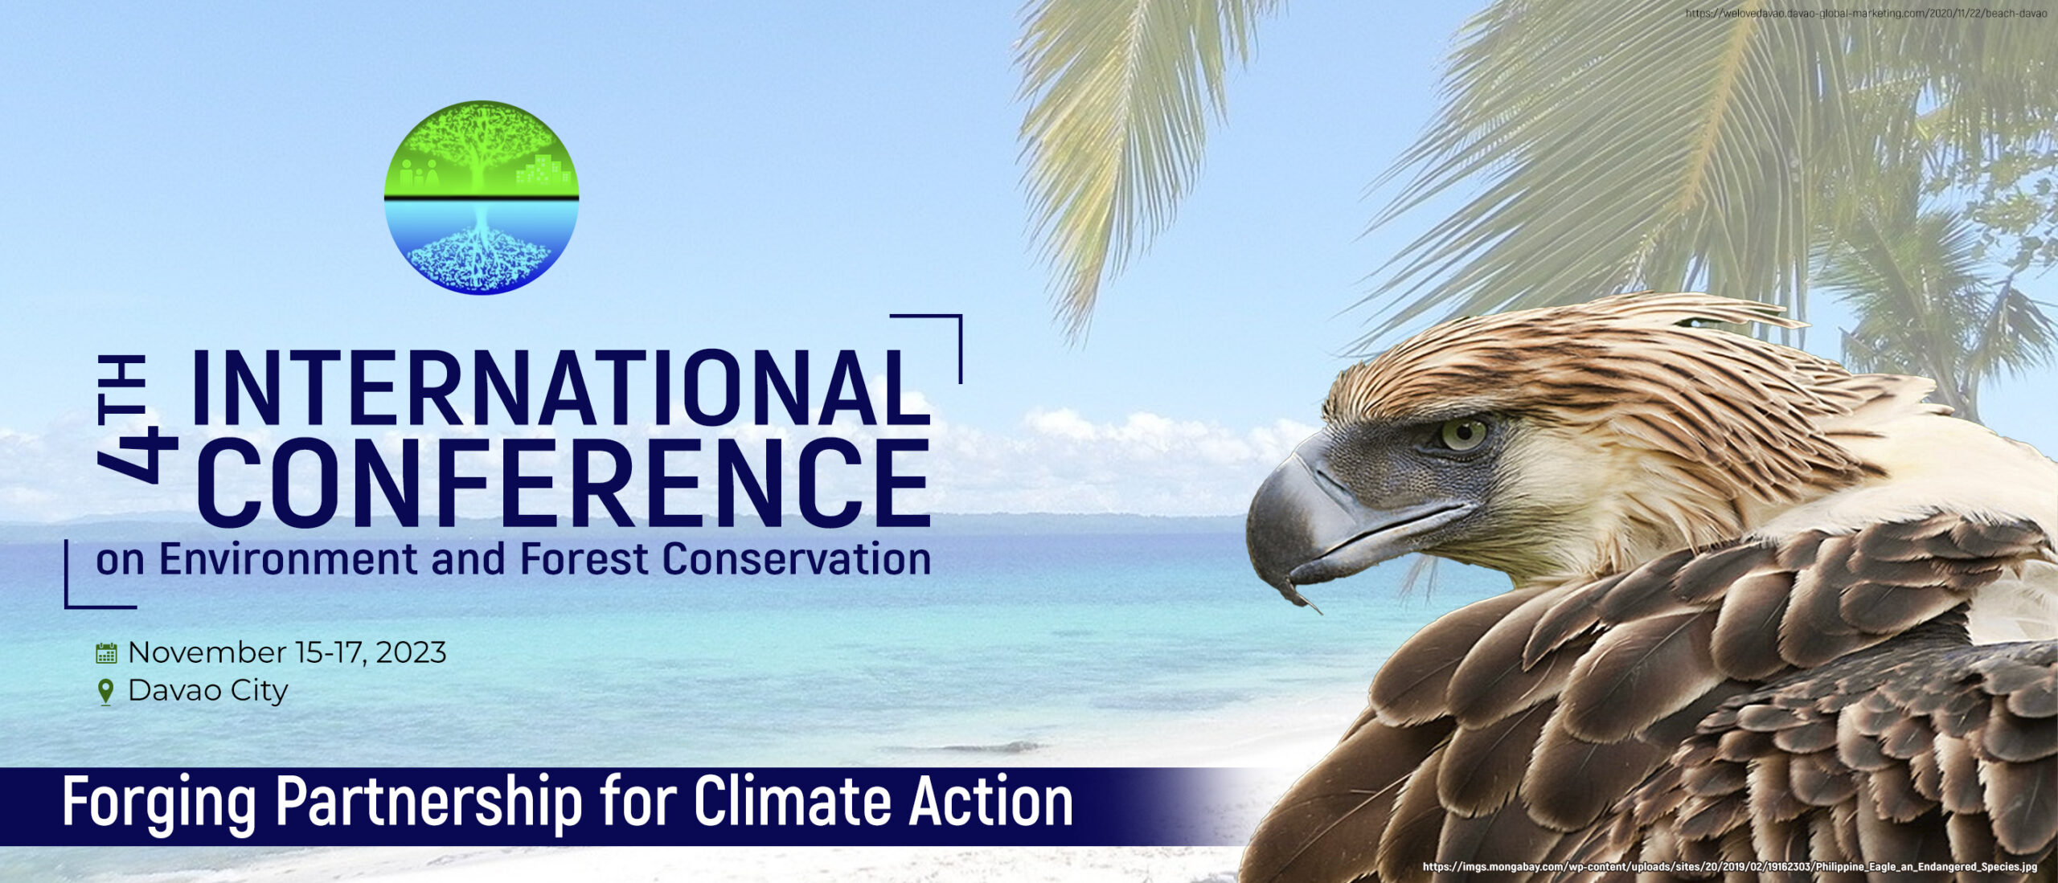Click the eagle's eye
[x=1464, y=435]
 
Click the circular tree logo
[x=482, y=197]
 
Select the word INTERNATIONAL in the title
[x=560, y=387]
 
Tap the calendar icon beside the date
[x=106, y=652]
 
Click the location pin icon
[x=105, y=692]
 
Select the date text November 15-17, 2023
[x=287, y=652]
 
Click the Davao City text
[x=208, y=691]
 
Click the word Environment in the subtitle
[x=288, y=558]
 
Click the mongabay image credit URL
[x=1730, y=867]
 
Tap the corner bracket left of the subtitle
[x=100, y=574]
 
